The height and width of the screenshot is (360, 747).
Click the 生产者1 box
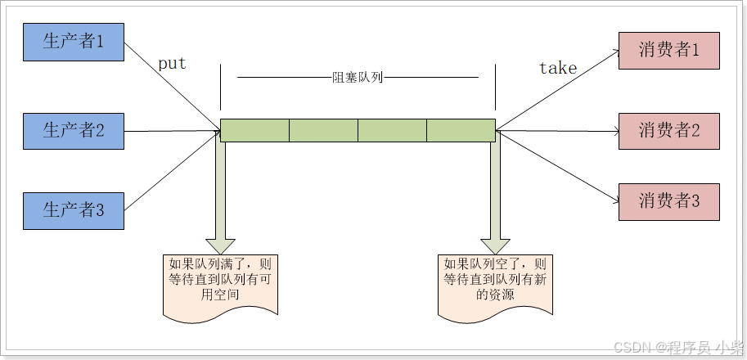pos(74,42)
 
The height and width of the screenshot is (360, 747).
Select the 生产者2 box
pos(74,129)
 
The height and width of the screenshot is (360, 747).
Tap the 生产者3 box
pos(74,209)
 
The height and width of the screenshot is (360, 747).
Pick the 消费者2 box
pos(669,130)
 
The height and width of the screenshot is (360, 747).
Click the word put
pos(172,64)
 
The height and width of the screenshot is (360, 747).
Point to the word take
pos(558,69)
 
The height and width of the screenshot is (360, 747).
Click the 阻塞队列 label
pos(358,78)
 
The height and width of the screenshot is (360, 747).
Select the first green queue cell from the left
pos(254,130)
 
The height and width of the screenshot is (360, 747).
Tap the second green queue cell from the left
pos(323,130)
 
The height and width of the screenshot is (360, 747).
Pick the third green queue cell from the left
pos(392,130)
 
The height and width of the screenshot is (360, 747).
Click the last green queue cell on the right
pos(461,130)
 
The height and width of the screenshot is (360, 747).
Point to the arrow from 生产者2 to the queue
pos(172,130)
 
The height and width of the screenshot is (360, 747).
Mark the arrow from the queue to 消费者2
pos(556,130)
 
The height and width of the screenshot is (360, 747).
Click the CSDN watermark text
pos(678,346)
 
